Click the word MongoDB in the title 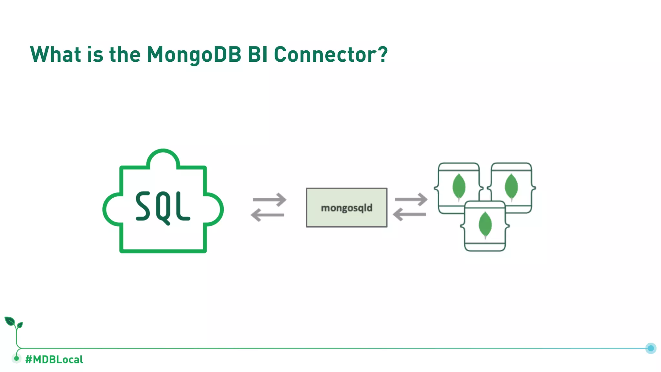point(194,54)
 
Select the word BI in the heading point(258,54)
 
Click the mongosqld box point(346,208)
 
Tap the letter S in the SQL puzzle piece point(143,206)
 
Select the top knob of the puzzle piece point(163,158)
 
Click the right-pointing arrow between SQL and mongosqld point(270,200)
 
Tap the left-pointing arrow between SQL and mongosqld point(267,215)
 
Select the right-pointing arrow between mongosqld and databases point(411,199)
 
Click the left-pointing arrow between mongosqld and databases point(409,214)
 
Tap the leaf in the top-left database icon point(459,187)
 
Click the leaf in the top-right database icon point(511,187)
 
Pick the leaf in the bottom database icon point(485,225)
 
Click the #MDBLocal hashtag point(54,359)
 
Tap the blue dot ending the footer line point(651,348)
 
